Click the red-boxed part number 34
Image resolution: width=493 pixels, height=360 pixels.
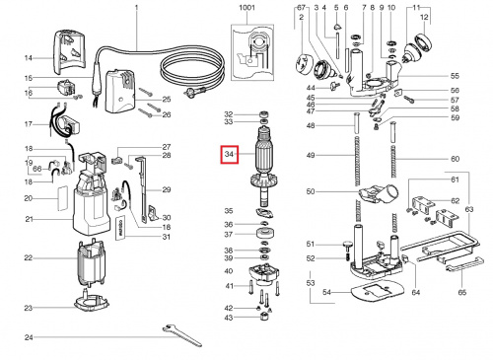point(230,155)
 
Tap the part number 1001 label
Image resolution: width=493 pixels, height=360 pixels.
point(245,8)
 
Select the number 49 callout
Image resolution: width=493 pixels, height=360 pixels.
point(309,157)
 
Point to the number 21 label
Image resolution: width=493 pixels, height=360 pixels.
point(29,218)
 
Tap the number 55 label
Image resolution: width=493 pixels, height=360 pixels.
point(455,76)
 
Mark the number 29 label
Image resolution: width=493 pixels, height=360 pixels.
point(167,189)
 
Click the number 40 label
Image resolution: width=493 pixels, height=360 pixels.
point(229,271)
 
